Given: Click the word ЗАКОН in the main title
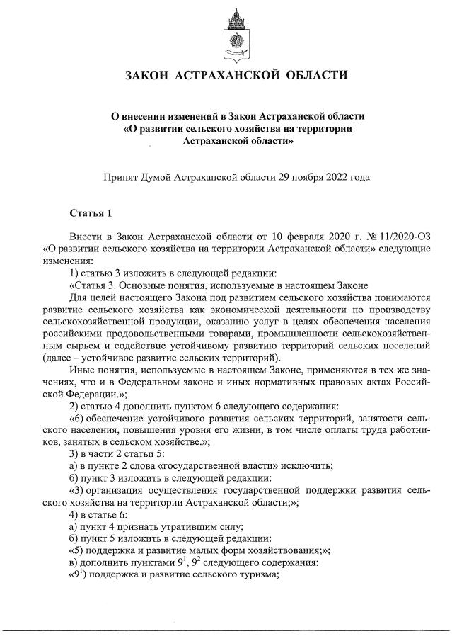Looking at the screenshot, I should pyautogui.click(x=148, y=75).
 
